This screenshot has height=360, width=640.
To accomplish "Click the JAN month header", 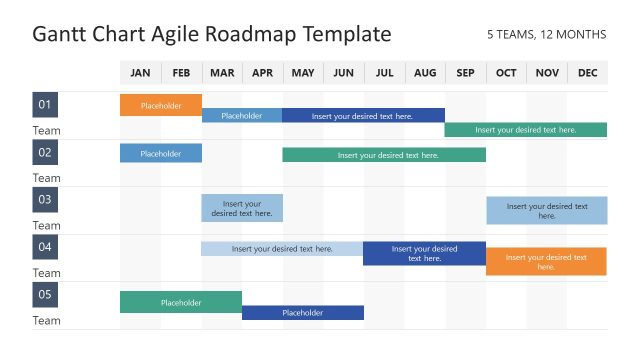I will coord(140,73).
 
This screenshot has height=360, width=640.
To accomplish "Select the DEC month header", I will coord(587,73).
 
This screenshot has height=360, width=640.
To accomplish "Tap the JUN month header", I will coord(343,73).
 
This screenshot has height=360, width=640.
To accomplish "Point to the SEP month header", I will coord(465,73).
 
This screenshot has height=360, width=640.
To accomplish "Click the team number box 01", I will coord(45,105).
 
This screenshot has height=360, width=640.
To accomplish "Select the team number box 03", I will coord(45,200).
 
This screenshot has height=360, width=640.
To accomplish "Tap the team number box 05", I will coord(45,295).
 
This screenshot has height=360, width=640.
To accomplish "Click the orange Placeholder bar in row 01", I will coord(161,105).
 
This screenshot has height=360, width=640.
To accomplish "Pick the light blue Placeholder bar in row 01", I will coord(241,116).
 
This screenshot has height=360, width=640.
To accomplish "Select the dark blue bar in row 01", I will coord(363,116).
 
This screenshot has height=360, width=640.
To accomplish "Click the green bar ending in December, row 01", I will coord(525,130).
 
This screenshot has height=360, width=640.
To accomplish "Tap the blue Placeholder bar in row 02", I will coord(161,153).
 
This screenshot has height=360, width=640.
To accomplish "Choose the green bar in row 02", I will coord(384,155).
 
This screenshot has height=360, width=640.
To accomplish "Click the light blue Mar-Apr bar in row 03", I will coord(242,208).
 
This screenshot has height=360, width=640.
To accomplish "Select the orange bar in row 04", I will coord(546,262).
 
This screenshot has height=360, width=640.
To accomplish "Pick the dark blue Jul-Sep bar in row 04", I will coord(424,253).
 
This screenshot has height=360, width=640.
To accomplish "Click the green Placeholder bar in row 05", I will coord(181,302).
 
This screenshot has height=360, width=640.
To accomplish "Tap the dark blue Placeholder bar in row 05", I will coord(303,313).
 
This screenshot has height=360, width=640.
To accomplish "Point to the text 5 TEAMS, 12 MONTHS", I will coord(546,35).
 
